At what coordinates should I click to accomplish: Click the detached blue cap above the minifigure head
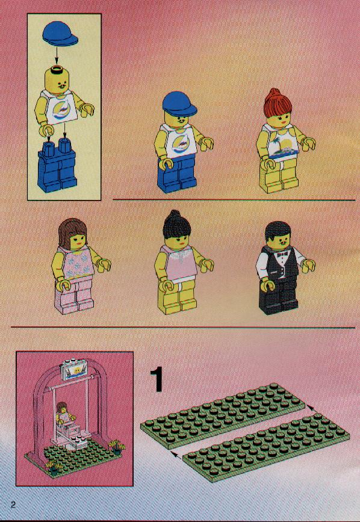click(x=60, y=33)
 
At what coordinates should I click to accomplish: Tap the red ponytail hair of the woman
click(x=277, y=104)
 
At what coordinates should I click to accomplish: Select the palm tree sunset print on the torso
click(x=282, y=145)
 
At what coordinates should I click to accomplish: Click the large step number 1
click(x=157, y=379)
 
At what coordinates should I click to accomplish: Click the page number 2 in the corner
click(x=13, y=505)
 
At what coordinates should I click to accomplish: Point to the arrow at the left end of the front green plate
click(x=176, y=455)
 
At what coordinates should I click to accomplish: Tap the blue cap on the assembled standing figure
click(x=179, y=104)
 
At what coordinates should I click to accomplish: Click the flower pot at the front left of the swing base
click(x=53, y=468)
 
